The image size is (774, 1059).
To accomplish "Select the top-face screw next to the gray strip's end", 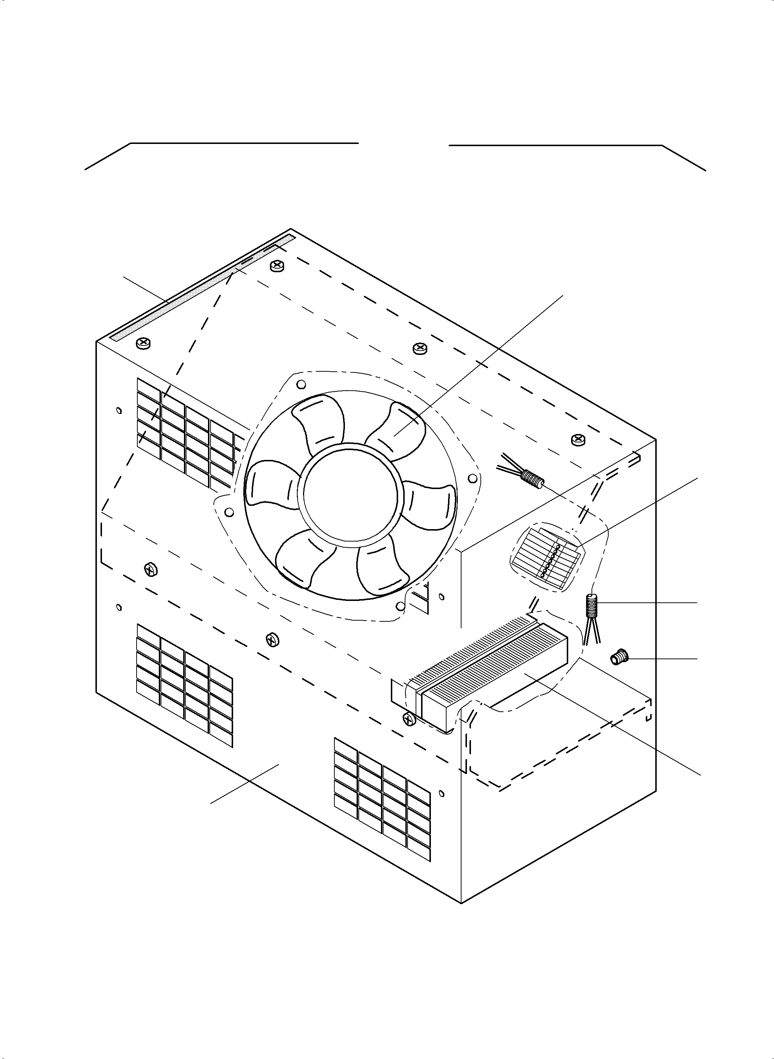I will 276,266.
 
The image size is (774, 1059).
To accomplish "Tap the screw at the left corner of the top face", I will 143,344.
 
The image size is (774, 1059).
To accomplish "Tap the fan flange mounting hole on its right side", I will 473,478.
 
